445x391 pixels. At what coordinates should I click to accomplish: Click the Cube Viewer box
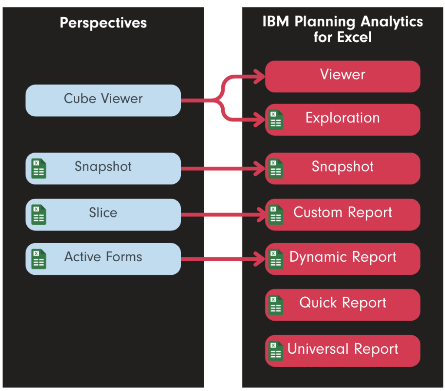click(103, 100)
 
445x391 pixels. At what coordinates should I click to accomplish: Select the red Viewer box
click(342, 76)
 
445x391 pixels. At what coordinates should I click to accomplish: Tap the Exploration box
click(342, 119)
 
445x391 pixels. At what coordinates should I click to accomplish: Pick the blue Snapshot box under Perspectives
click(103, 168)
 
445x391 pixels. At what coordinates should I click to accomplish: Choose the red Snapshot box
click(342, 168)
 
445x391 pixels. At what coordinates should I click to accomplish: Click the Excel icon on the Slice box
click(39, 214)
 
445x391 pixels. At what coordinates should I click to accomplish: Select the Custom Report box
click(342, 214)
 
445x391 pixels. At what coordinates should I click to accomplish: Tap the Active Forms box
click(103, 258)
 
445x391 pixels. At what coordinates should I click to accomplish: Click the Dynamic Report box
click(342, 258)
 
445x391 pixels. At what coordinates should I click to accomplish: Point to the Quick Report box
click(342, 304)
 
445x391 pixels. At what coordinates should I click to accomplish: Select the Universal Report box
click(342, 350)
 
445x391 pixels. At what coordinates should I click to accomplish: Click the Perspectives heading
click(103, 23)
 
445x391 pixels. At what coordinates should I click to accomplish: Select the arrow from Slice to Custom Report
click(222, 214)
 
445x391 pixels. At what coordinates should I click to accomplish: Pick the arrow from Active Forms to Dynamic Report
click(222, 259)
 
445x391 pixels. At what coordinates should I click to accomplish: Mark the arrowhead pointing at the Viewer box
click(260, 77)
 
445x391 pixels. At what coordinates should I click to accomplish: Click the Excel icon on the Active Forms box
click(39, 259)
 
